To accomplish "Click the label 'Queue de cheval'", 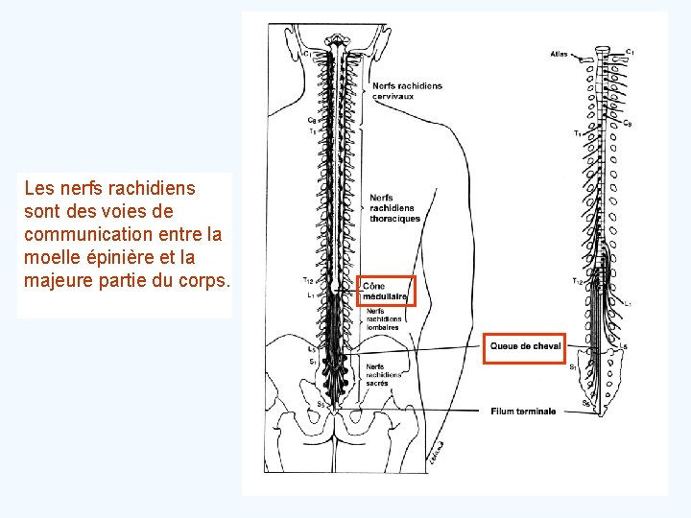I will pyautogui.click(x=525, y=346).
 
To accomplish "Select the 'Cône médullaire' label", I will pyautogui.click(x=387, y=291).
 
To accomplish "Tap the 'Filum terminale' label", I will pyautogui.click(x=522, y=412).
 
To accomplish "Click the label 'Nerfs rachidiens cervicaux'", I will pyautogui.click(x=407, y=91).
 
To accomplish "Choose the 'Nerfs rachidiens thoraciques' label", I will pyautogui.click(x=394, y=208).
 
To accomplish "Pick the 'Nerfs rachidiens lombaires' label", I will pyautogui.click(x=382, y=318).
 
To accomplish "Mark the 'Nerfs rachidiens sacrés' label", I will pyautogui.click(x=383, y=374).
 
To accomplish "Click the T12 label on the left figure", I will pyautogui.click(x=307, y=280).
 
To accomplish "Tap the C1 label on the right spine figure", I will pyautogui.click(x=630, y=51).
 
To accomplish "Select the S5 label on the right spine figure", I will pyautogui.click(x=586, y=404).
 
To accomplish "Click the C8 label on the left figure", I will pyautogui.click(x=312, y=121).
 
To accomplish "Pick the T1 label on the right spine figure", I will pyautogui.click(x=578, y=132).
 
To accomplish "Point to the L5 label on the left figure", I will pyautogui.click(x=312, y=350).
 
